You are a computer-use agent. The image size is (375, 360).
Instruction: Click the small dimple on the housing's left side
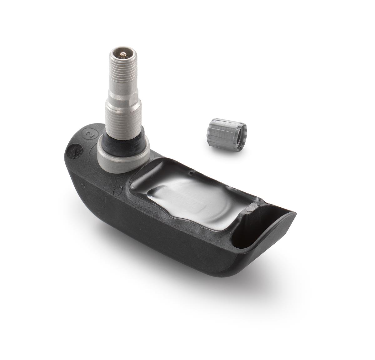coord(83,185)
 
